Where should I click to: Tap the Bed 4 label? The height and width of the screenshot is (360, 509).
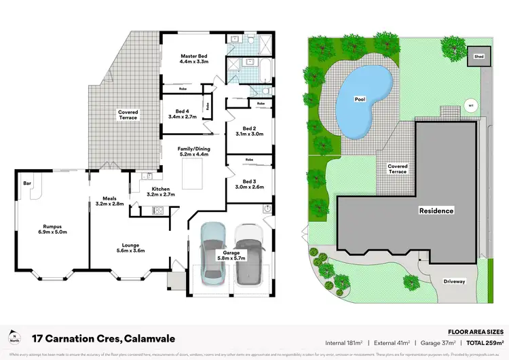[x=182, y=113]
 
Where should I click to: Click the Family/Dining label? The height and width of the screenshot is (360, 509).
[x=192, y=151]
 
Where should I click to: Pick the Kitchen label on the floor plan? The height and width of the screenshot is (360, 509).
[x=161, y=192]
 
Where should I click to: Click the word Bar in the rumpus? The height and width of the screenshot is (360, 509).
[x=28, y=183]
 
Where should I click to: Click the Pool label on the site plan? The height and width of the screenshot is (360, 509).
[x=360, y=99]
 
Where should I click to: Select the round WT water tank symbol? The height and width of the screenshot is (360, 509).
[x=470, y=105]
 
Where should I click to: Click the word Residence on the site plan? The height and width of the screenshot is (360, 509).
[x=435, y=211]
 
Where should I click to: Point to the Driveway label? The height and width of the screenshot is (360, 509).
[x=454, y=281]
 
